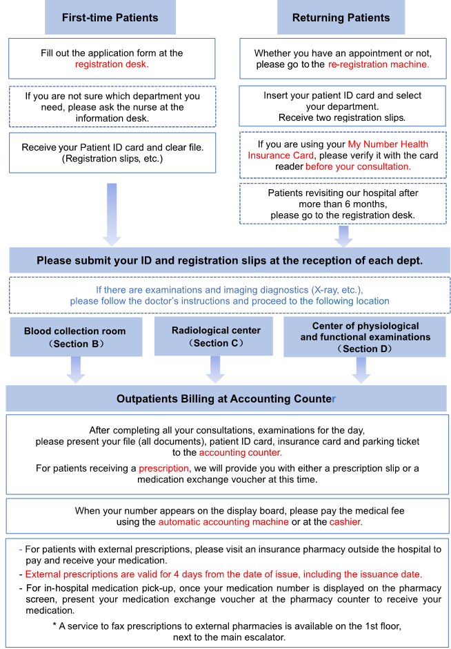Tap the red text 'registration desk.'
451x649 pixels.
(x=112, y=64)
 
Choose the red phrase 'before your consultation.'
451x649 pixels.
(x=358, y=166)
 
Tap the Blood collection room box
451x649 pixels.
(x=75, y=336)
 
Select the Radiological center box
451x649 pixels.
(x=217, y=336)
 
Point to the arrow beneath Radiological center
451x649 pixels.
(x=217, y=369)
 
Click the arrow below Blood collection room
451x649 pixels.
(x=75, y=369)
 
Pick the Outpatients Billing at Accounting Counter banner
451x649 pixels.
(x=226, y=398)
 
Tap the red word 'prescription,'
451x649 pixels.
(x=163, y=468)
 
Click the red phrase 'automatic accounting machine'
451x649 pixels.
(x=223, y=522)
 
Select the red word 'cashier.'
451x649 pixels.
(x=345, y=522)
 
